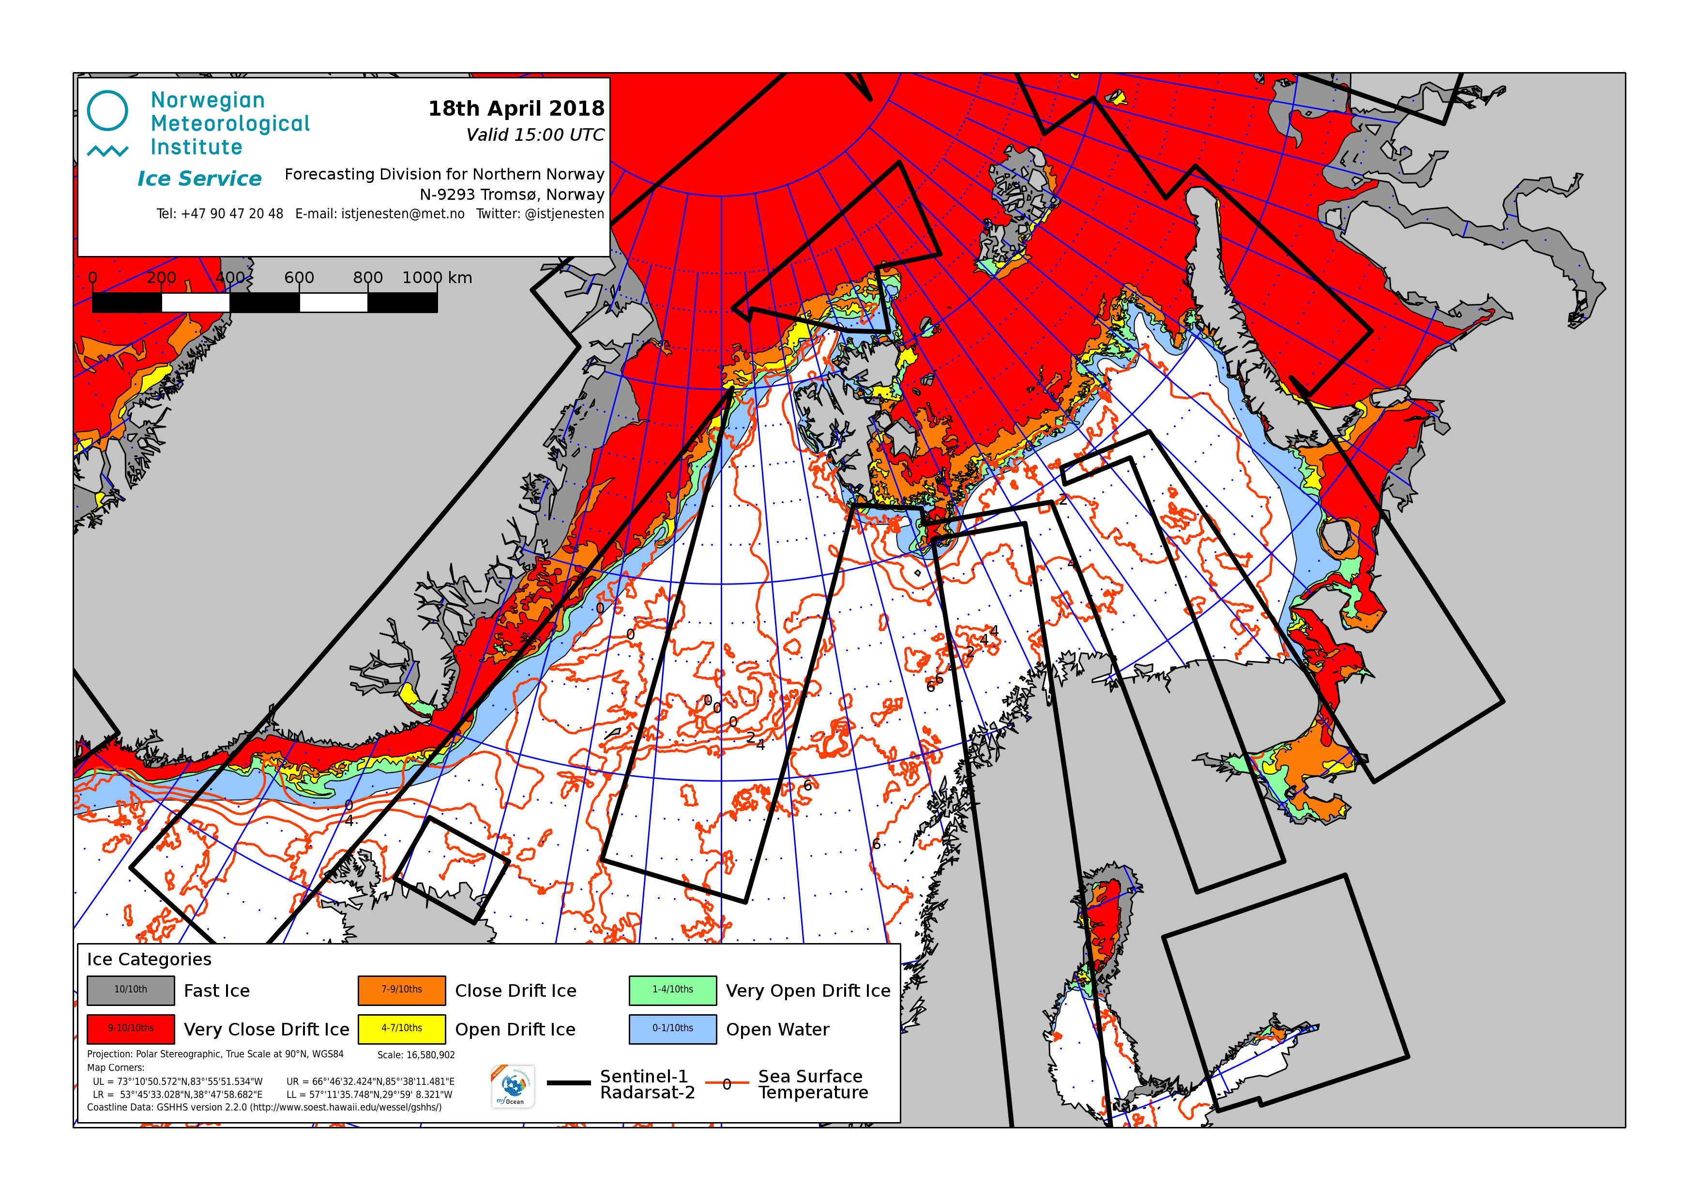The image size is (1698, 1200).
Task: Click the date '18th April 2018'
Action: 516,109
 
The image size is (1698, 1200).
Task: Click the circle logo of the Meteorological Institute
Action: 107,111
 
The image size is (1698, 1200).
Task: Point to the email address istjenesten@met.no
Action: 379,214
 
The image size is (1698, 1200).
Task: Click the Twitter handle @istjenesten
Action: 540,214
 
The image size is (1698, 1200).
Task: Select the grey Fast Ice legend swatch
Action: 131,990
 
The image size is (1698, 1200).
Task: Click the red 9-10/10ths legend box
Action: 131,1028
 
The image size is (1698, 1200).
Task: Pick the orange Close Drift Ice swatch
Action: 402,990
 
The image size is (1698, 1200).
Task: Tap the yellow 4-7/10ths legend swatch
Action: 402,1028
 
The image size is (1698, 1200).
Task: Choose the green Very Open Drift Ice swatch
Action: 672,990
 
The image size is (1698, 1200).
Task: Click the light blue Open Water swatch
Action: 672,1028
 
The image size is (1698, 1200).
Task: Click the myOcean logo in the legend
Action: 513,1086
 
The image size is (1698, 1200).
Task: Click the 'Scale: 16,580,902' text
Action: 416,1055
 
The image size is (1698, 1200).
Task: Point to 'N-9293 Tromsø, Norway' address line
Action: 512,195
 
